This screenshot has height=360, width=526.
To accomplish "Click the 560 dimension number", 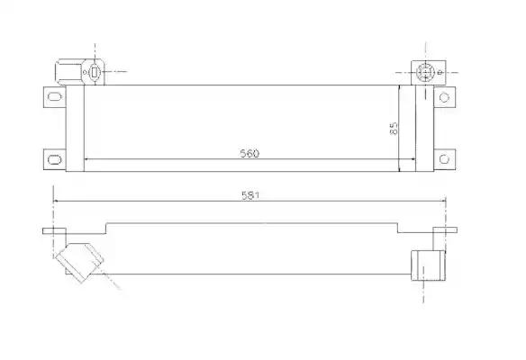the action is (x=249, y=153).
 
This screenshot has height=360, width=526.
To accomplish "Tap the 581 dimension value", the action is (x=250, y=195).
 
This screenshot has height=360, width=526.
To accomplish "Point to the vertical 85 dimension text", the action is (x=394, y=128).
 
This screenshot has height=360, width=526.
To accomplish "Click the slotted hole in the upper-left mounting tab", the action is (x=55, y=97).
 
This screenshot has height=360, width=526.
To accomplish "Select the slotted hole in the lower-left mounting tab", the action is (x=55, y=159).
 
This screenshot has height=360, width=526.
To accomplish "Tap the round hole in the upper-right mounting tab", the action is (x=444, y=97).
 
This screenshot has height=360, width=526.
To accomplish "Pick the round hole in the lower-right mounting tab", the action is (x=444, y=159).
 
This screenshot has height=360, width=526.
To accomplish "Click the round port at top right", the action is (x=425, y=72).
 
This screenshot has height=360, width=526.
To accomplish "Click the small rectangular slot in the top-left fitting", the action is (x=95, y=72).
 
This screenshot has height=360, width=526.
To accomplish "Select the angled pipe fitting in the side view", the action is (x=79, y=262).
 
